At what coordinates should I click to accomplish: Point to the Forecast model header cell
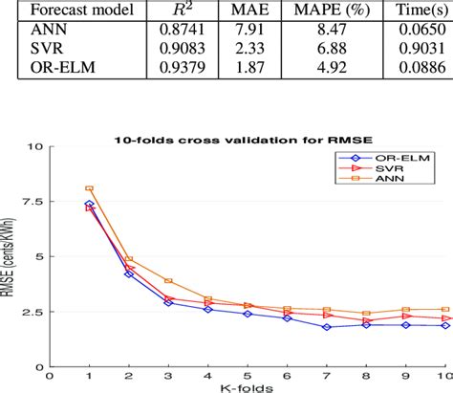pos(72,9)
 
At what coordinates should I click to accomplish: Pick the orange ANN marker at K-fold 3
pos(168,281)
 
